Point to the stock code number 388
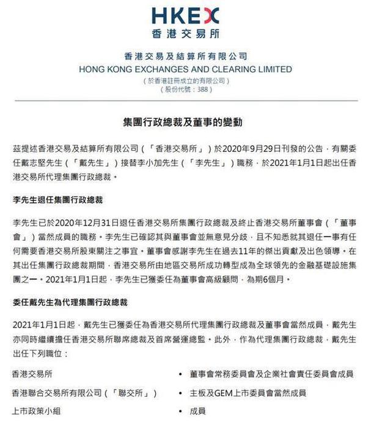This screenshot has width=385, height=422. [202, 89]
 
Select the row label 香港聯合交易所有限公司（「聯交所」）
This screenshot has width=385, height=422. [85, 393]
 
